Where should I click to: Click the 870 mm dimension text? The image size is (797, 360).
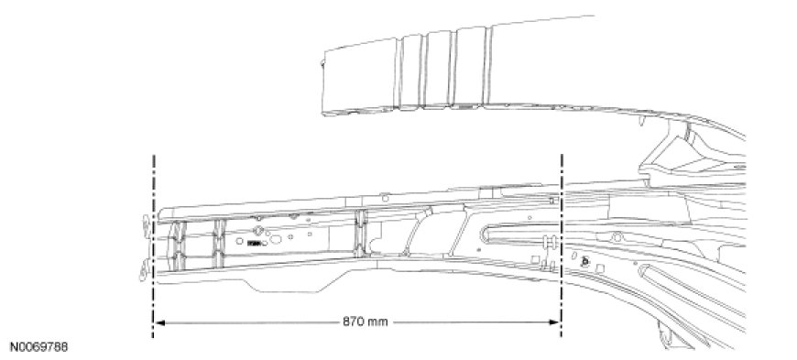pos(365,322)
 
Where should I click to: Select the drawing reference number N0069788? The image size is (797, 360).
pos(38,347)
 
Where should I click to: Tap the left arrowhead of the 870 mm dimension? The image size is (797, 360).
pos(159,322)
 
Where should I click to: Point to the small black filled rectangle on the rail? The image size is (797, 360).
pos(254,244)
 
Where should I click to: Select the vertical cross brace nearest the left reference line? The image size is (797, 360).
pos(177,245)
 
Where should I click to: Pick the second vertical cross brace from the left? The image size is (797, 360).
pos(219,244)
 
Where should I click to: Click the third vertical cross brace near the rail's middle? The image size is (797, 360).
pos(360,234)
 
